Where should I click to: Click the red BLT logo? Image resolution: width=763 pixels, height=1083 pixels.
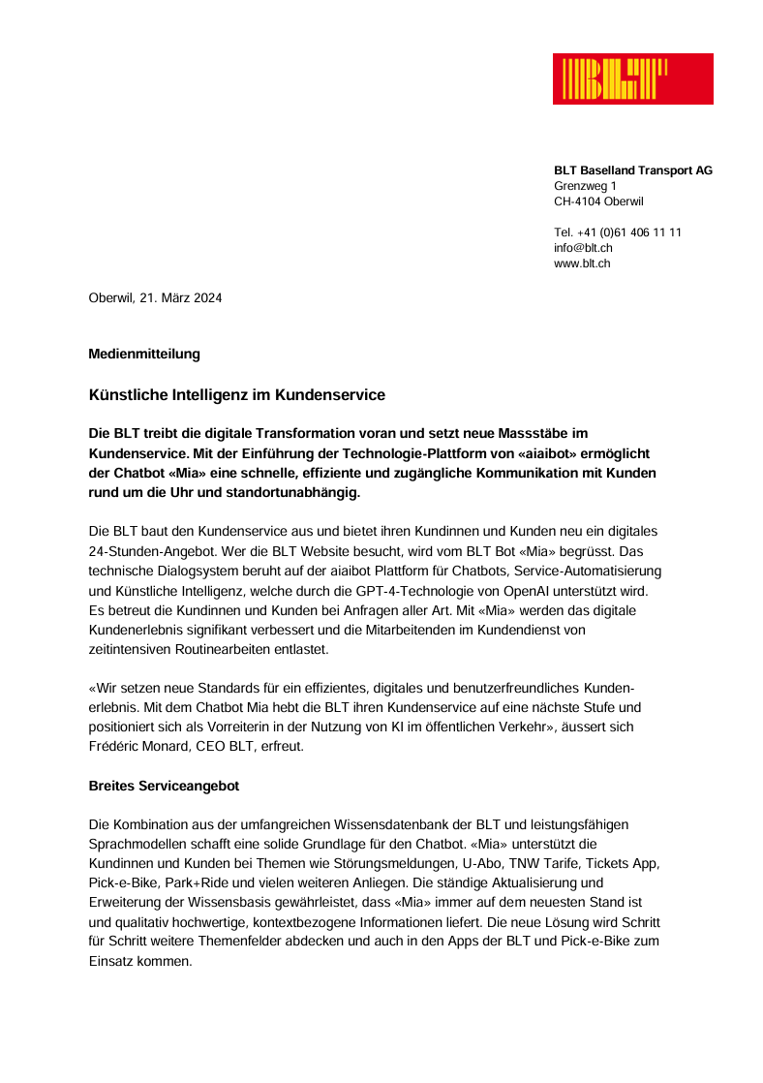pos(632,78)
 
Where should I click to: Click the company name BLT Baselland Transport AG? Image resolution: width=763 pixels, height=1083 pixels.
pos(632,170)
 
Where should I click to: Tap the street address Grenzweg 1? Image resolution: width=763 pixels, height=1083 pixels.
pos(585,186)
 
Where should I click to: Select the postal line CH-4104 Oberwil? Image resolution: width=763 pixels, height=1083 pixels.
pos(598,201)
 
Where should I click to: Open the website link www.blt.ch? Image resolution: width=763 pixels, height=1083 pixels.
pos(582,263)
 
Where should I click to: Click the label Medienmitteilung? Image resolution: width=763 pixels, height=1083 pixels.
pos(144,354)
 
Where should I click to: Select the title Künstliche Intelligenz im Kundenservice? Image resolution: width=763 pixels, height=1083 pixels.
pos(237,395)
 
